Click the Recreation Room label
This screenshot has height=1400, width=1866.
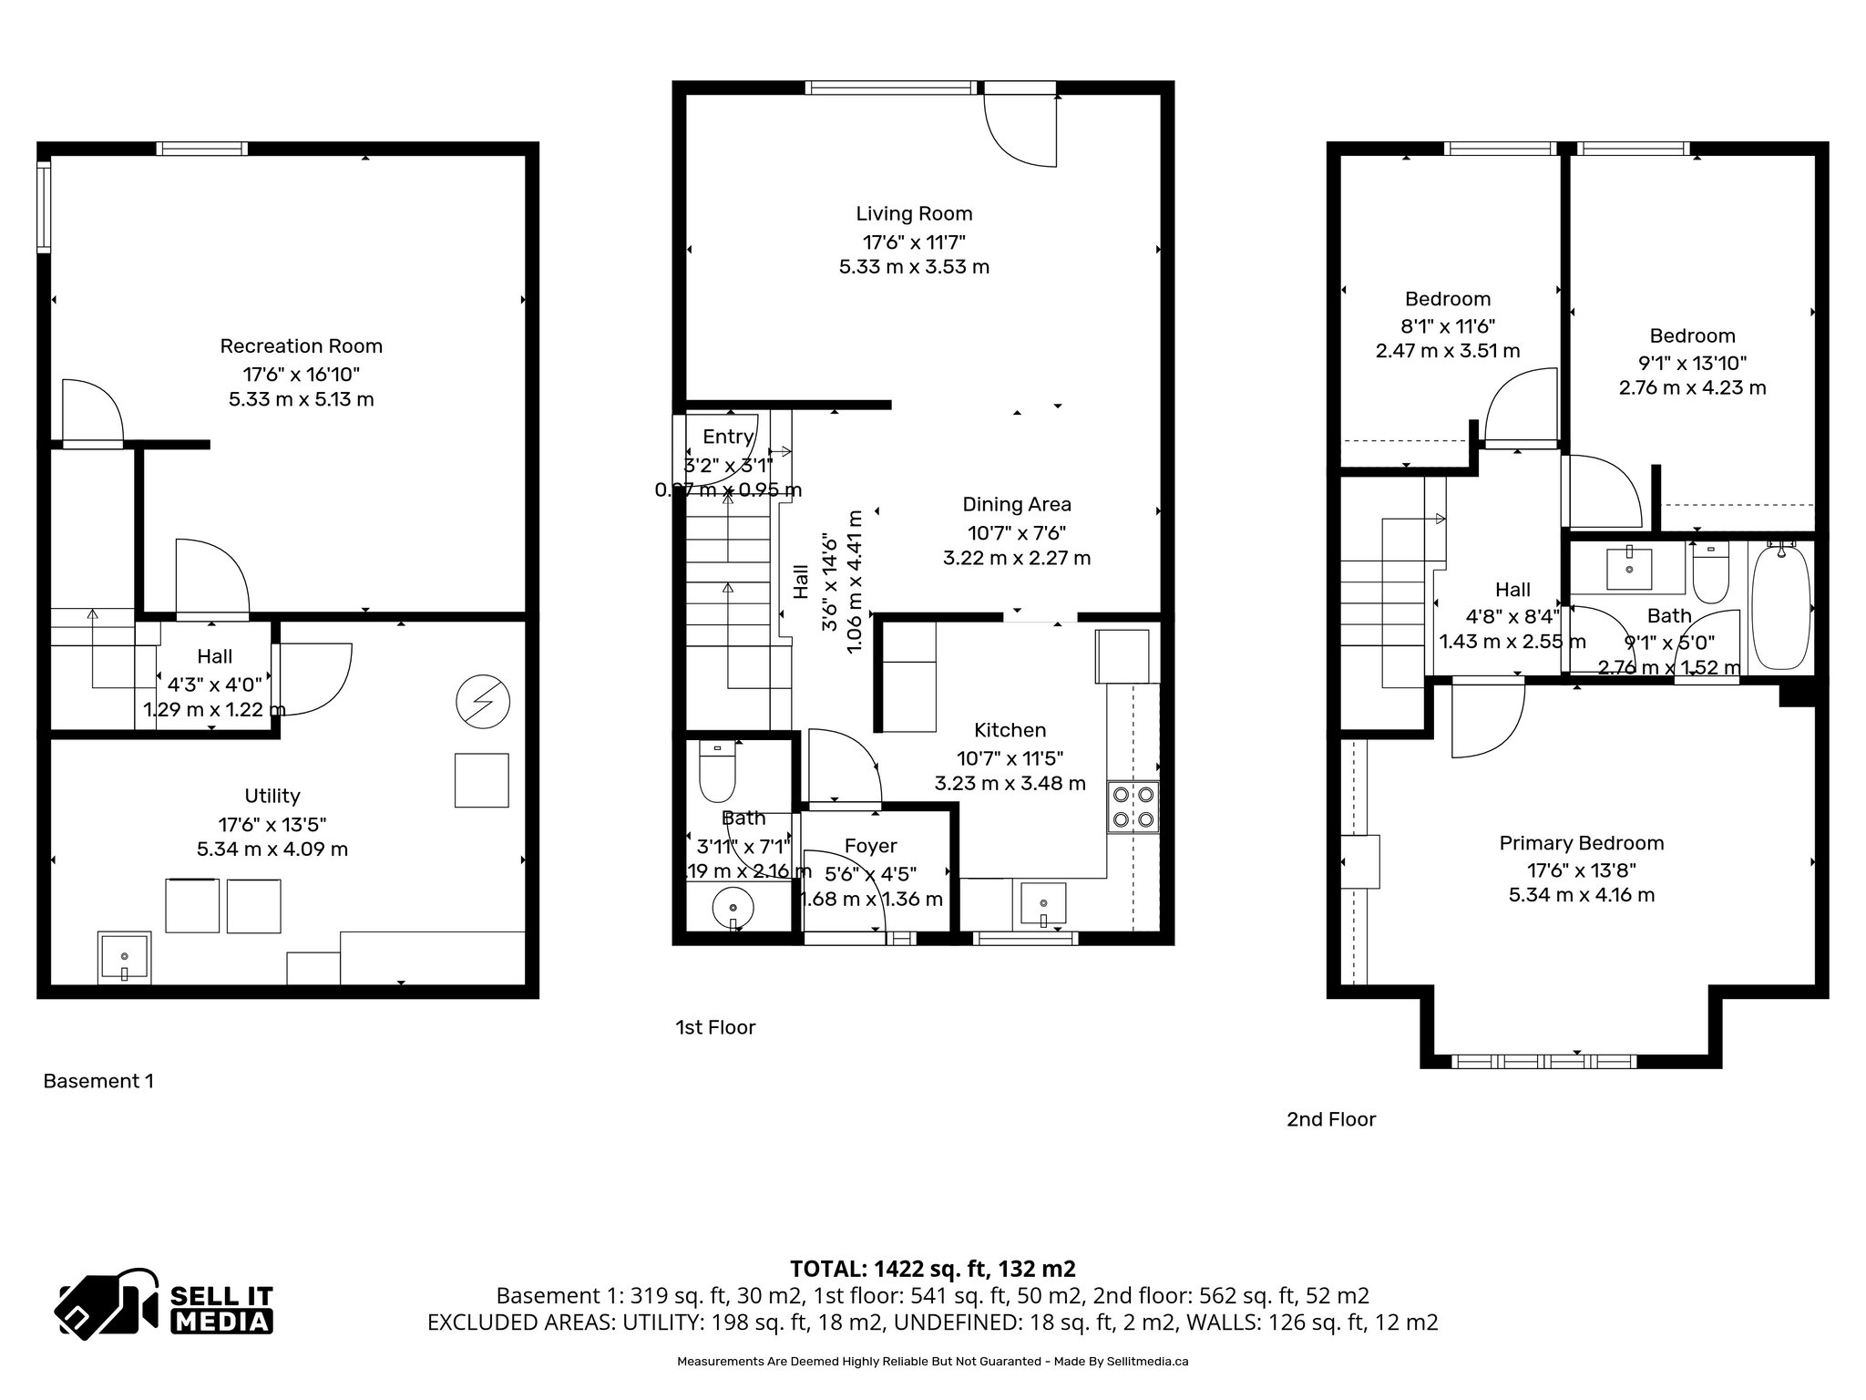pos(301,346)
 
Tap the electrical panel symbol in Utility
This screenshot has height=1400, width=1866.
pos(483,702)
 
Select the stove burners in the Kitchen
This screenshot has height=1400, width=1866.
pos(1133,807)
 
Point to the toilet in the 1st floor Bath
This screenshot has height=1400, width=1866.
pos(716,771)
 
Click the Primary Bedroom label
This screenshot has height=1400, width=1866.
pos(1581,843)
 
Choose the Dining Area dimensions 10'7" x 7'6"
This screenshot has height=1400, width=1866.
pos(1017,532)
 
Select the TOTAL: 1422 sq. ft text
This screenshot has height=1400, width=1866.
pos(932,1269)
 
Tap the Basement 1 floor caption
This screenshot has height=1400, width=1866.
pos(98,1081)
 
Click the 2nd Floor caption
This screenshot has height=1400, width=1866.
pos(1330,1119)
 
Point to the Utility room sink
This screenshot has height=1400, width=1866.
pos(124,959)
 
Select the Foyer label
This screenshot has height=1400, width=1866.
pos(870,846)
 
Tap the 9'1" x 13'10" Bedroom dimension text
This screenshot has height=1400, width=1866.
pos(1692,362)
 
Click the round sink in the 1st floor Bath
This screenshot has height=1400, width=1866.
pos(733,909)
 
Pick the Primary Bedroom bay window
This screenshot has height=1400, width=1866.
pos(1543,1061)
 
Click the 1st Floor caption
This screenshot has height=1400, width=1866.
pos(715,1027)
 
